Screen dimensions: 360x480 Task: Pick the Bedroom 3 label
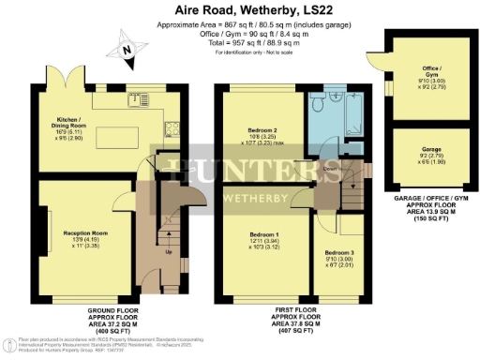pos(339,252)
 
